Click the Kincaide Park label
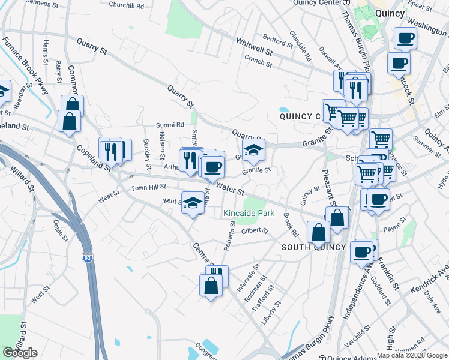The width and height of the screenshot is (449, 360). tap(248, 213)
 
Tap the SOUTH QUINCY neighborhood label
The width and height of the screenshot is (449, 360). tap(313, 247)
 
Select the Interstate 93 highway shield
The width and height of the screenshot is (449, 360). tap(88, 257)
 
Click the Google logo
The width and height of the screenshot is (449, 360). tap(20, 353)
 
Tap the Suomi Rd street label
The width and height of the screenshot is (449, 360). tap(170, 125)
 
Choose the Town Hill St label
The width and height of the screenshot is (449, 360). tap(148, 188)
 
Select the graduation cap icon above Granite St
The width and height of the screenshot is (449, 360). tap(254, 150)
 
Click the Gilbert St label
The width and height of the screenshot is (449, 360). tap(254, 230)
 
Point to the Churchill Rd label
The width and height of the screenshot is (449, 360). tap(127, 5)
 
